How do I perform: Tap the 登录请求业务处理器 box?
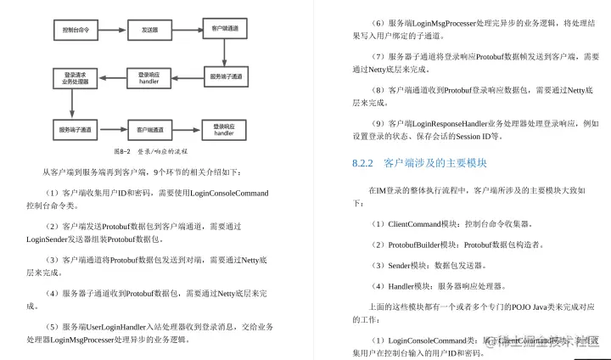(77, 78)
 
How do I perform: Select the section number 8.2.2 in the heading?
(362, 162)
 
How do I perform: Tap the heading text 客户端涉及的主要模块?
(434, 162)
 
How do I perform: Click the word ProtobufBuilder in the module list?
(415, 245)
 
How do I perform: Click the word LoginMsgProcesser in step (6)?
(451, 23)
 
